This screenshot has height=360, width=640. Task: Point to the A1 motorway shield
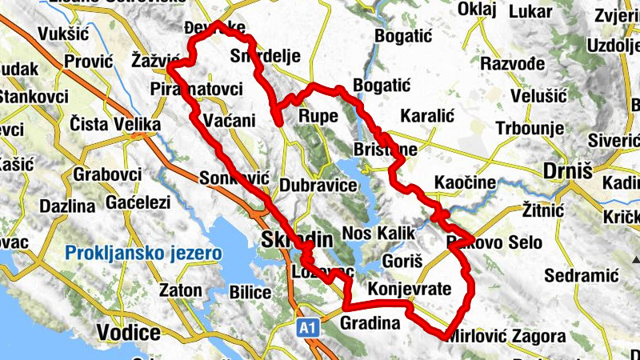pos(308,327)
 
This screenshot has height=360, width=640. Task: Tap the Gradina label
pos(369,324)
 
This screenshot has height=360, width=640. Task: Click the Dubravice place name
pos(318,186)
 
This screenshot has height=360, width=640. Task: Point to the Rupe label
pos(318,117)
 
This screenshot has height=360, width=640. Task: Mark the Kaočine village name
pos(465,183)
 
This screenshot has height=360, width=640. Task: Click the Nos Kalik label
pos(379,234)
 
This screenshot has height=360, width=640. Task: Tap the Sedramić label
pos(583,275)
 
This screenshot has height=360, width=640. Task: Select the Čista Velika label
pos(115,125)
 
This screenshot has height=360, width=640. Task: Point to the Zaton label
pos(181,290)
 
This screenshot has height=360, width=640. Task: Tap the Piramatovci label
pos(196,89)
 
